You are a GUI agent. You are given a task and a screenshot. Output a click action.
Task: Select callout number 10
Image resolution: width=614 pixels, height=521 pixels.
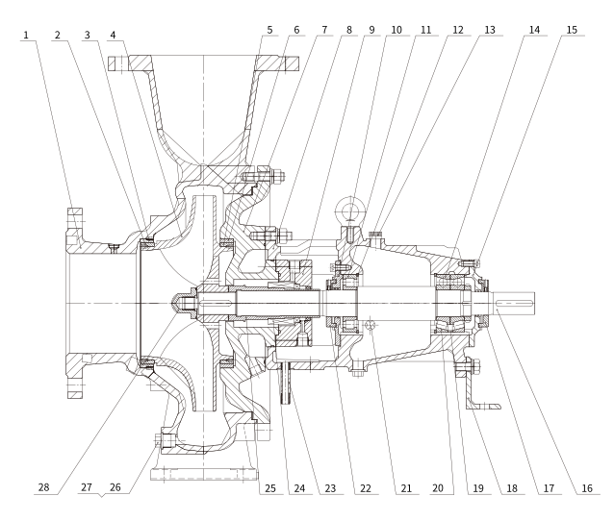click(397, 30)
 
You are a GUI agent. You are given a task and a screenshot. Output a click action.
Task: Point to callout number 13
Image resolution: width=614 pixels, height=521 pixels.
click(491, 30)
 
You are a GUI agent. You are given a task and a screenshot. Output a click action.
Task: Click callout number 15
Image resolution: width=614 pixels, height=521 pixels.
click(572, 30)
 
